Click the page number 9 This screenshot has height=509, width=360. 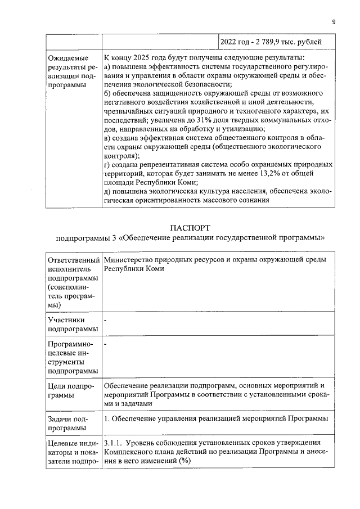334,22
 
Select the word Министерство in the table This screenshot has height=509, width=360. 129,259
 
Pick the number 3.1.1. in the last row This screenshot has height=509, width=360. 116,443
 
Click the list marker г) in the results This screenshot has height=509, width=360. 107,165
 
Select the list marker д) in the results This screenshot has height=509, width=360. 108,192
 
